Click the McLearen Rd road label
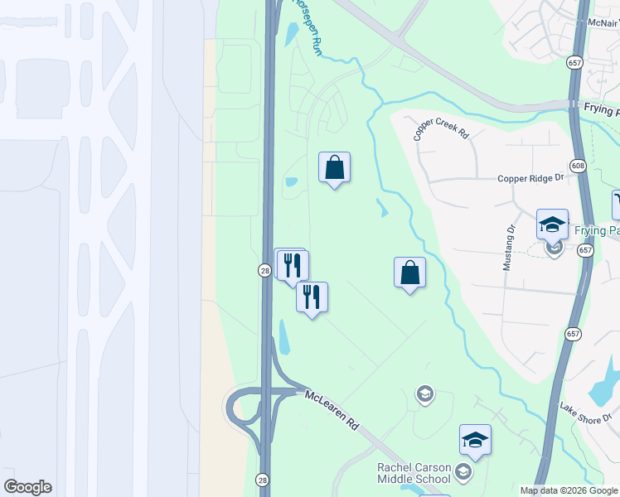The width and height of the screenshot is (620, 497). tap(332, 409)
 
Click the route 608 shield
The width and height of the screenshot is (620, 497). tap(579, 166)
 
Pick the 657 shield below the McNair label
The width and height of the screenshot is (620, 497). tap(574, 62)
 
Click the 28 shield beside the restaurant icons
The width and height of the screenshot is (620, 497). tap(264, 271)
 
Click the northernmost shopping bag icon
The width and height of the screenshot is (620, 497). tap(334, 168)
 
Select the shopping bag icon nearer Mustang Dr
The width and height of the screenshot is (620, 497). tap(410, 273)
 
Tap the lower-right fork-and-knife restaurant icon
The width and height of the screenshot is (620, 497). tap(312, 297)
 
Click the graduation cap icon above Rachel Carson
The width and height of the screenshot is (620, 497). tap(476, 439)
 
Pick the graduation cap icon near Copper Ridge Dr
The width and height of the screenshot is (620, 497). tap(552, 224)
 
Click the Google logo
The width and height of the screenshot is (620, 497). tap(27, 487)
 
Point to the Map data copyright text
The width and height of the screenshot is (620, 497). tap(569, 490)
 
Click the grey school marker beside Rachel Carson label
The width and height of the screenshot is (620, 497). tap(463, 473)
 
